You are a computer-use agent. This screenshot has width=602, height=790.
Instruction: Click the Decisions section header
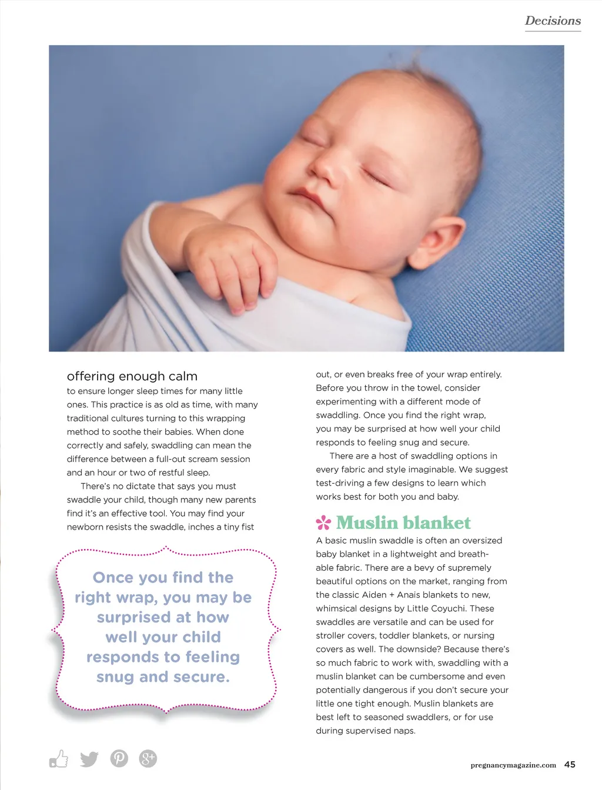(x=553, y=21)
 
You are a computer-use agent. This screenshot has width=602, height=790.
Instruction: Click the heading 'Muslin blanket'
(x=403, y=523)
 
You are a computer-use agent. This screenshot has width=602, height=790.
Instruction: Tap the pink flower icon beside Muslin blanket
(x=323, y=523)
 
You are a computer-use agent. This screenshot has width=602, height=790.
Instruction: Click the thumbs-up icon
(x=59, y=759)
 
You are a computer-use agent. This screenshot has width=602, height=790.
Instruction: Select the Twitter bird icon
(x=89, y=759)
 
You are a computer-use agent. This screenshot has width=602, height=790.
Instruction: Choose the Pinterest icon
(x=119, y=759)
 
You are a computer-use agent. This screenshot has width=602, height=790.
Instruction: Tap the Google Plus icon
(x=148, y=759)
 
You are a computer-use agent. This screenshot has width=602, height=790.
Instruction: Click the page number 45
(x=570, y=764)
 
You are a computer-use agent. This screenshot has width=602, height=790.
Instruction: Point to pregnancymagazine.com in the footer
(x=513, y=765)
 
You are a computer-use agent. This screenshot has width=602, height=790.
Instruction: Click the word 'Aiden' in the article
(x=373, y=595)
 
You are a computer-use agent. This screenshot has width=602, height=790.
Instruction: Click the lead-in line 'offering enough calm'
(x=132, y=376)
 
